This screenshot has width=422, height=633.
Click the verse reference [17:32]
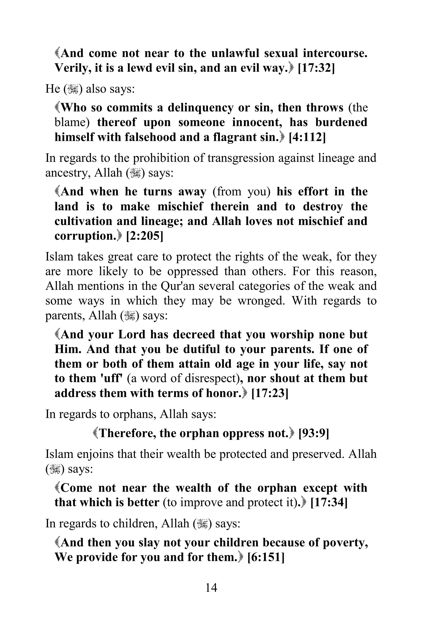coord(316,68)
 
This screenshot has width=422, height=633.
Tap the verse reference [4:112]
coord(307,137)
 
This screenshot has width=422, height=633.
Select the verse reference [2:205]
coord(144,236)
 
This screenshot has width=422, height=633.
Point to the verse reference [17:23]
coord(270,393)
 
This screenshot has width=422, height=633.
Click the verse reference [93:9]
coord(314,433)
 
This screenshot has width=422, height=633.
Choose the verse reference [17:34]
coord(329,503)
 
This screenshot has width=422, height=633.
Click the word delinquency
coord(200,108)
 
